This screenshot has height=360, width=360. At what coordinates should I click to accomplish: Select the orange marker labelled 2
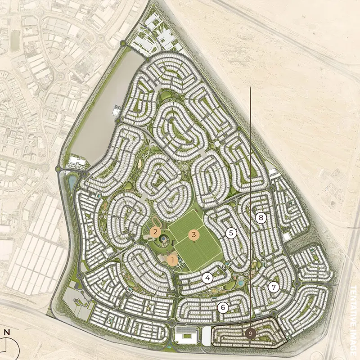pyautogui.click(x=155, y=232)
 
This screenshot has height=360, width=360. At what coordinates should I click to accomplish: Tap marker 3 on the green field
pyautogui.click(x=194, y=234)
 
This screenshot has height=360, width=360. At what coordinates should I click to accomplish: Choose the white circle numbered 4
pyautogui.click(x=207, y=278)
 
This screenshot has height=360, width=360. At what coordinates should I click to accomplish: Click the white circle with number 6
pyautogui.click(x=222, y=307)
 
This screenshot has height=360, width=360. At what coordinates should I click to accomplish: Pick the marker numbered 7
pyautogui.click(x=273, y=287)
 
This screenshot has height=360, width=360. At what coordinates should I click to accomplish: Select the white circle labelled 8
pyautogui.click(x=261, y=218)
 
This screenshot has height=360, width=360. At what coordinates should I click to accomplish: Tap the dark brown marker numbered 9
pyautogui.click(x=251, y=333)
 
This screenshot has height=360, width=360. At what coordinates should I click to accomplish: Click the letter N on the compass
pyautogui.click(x=7, y=333)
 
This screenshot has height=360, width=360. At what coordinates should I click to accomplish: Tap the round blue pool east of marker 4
pyautogui.click(x=241, y=283)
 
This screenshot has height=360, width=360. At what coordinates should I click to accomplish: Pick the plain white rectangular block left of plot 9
pyautogui.click(x=207, y=335)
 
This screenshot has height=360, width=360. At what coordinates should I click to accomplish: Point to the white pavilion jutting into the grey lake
pyautogui.click(x=116, y=109)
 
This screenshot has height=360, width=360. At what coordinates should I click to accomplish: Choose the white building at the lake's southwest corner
pyautogui.click(x=76, y=161)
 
